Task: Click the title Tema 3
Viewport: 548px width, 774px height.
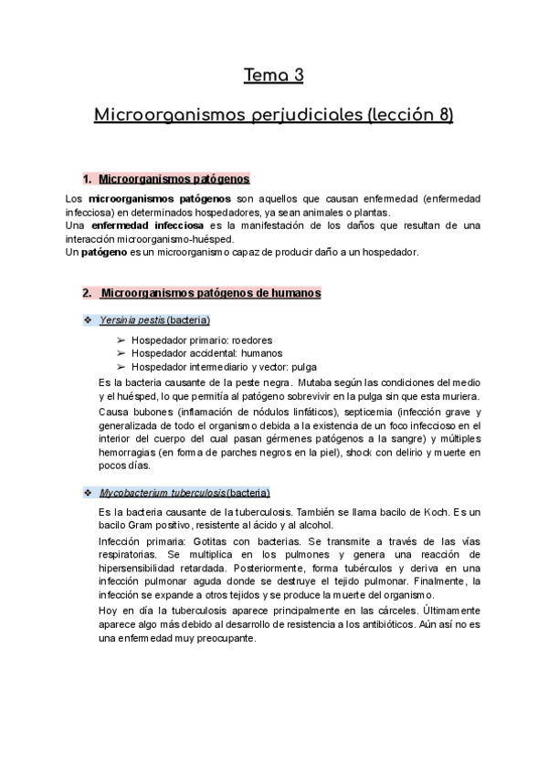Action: [273, 75]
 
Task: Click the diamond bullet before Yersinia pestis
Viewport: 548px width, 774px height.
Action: [87, 319]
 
